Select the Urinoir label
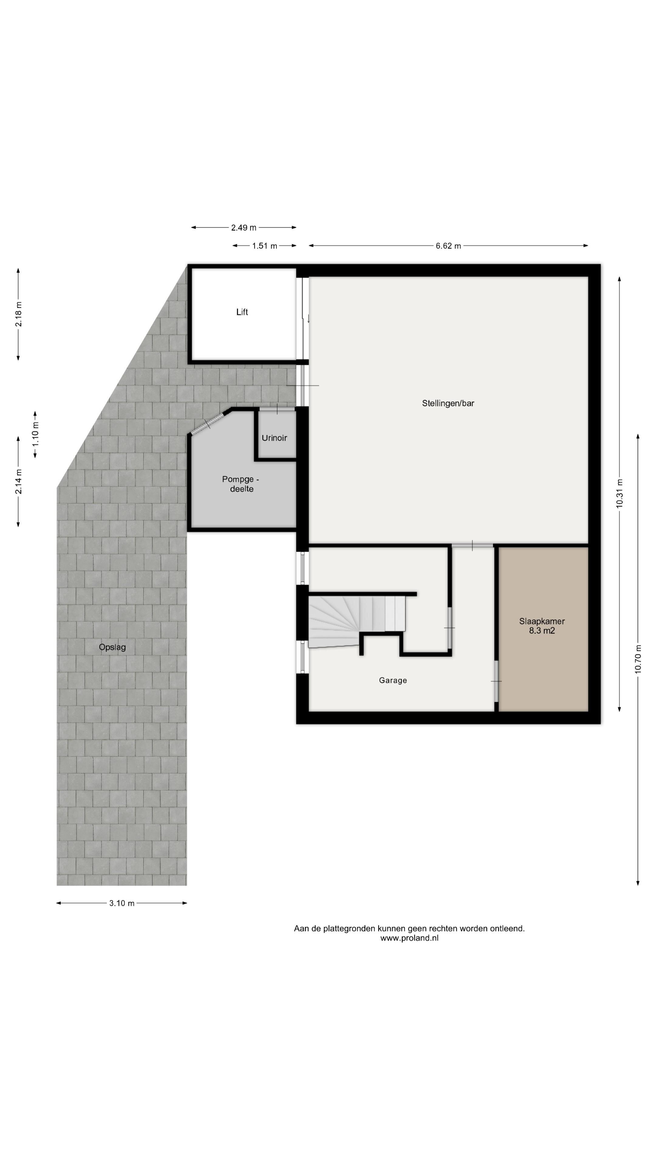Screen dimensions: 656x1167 [274, 438]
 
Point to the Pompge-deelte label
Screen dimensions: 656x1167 [241, 484]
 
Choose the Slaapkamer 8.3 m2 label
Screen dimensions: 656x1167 [542, 626]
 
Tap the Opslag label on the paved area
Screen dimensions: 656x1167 [112, 647]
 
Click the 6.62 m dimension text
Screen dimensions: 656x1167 [448, 246]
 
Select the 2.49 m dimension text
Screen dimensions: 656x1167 [244, 227]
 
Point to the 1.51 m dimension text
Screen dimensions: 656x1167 [265, 246]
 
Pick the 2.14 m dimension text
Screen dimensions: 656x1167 [19, 482]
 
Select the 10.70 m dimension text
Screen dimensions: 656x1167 [638, 659]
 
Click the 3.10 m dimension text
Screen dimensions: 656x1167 [122, 903]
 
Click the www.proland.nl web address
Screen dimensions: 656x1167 [409, 938]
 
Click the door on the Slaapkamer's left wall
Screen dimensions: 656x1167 [496, 681]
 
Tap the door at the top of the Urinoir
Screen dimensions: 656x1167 [277, 410]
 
